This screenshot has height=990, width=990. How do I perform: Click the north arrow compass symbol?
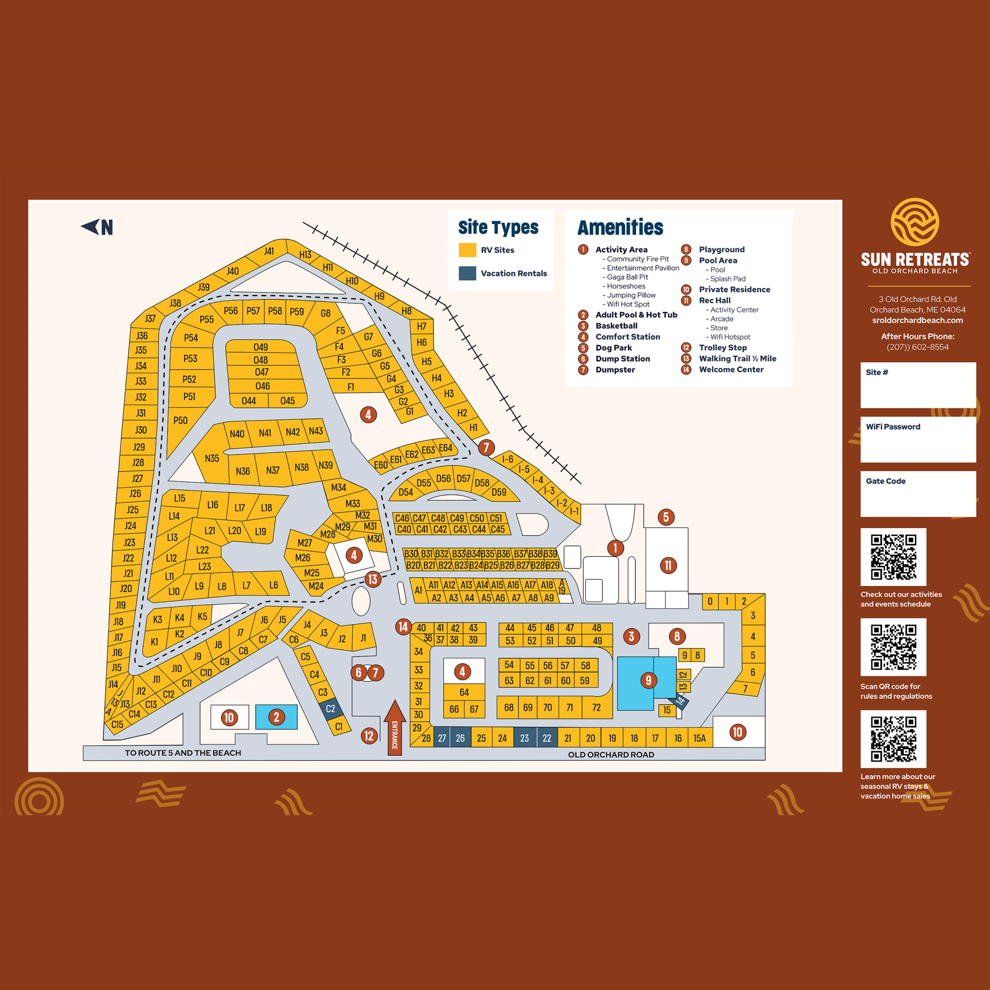pos(97,227)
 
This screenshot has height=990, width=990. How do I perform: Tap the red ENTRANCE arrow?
pos(394,728)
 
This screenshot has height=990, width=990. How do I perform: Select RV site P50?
pos(180,420)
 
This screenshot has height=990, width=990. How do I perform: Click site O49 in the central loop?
pos(261,347)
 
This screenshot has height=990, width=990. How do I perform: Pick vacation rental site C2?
pos(330,709)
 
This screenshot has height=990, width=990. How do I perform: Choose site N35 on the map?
pos(212,458)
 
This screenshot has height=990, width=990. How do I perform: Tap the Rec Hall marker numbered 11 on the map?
pos(668,565)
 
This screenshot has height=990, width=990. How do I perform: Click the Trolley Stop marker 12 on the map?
pos(368,736)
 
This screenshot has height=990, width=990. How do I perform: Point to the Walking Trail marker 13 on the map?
pos(373,579)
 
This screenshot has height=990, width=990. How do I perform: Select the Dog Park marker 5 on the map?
pos(666,517)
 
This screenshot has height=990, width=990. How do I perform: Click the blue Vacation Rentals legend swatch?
pos(467,273)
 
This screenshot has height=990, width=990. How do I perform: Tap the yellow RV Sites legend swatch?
pos(467,249)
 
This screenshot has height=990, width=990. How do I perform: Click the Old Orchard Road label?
pos(611,754)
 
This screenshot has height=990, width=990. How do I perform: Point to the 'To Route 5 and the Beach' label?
pos(183,753)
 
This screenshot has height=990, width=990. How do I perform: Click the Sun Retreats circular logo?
pos(915,222)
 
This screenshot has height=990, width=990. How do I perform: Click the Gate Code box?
pos(918,494)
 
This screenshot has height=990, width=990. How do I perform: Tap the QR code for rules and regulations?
pos(893,647)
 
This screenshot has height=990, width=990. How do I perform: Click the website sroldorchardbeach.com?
pos(917,320)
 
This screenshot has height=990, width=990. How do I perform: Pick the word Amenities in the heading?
pos(620,227)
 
